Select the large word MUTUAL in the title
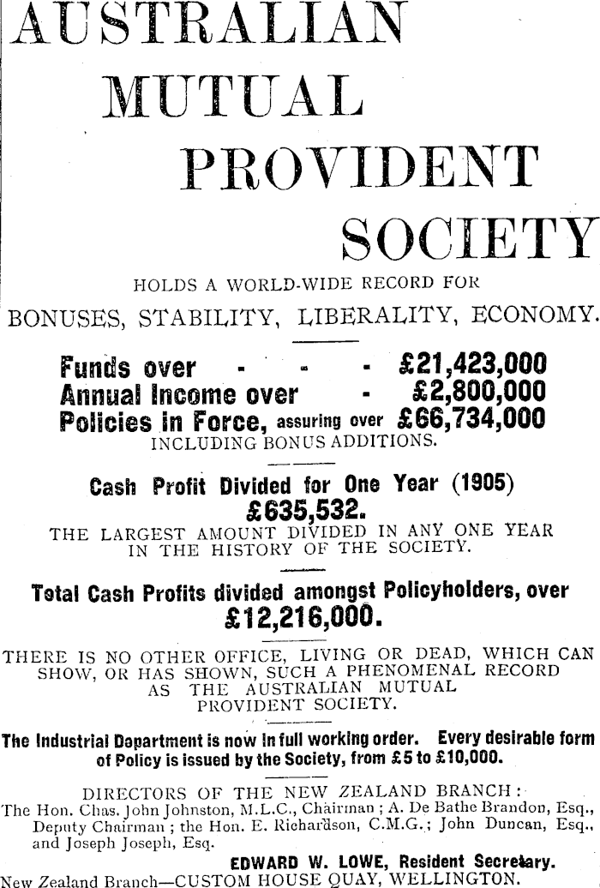231,96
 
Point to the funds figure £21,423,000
472,367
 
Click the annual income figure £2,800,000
478,393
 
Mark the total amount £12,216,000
299,616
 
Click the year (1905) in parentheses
483,484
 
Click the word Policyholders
444,591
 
